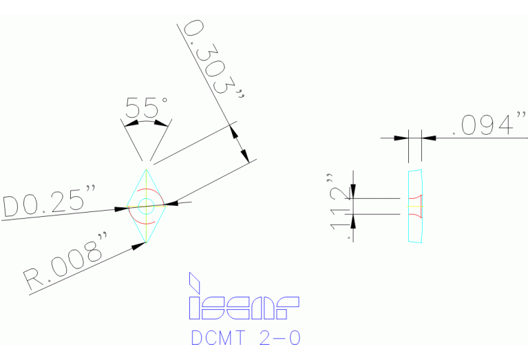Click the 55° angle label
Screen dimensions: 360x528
tap(146, 108)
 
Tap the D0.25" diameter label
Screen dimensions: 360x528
tap(49, 202)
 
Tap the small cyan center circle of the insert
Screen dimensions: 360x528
tap(146, 204)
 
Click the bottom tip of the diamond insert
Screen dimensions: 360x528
tap(146, 241)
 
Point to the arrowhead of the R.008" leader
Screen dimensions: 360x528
tap(138, 246)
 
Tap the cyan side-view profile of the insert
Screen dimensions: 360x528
tap(414, 206)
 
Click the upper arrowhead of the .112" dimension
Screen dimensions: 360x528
tap(353, 192)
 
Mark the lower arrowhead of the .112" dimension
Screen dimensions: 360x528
tap(353, 220)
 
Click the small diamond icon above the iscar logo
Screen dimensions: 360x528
tap(194, 282)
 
